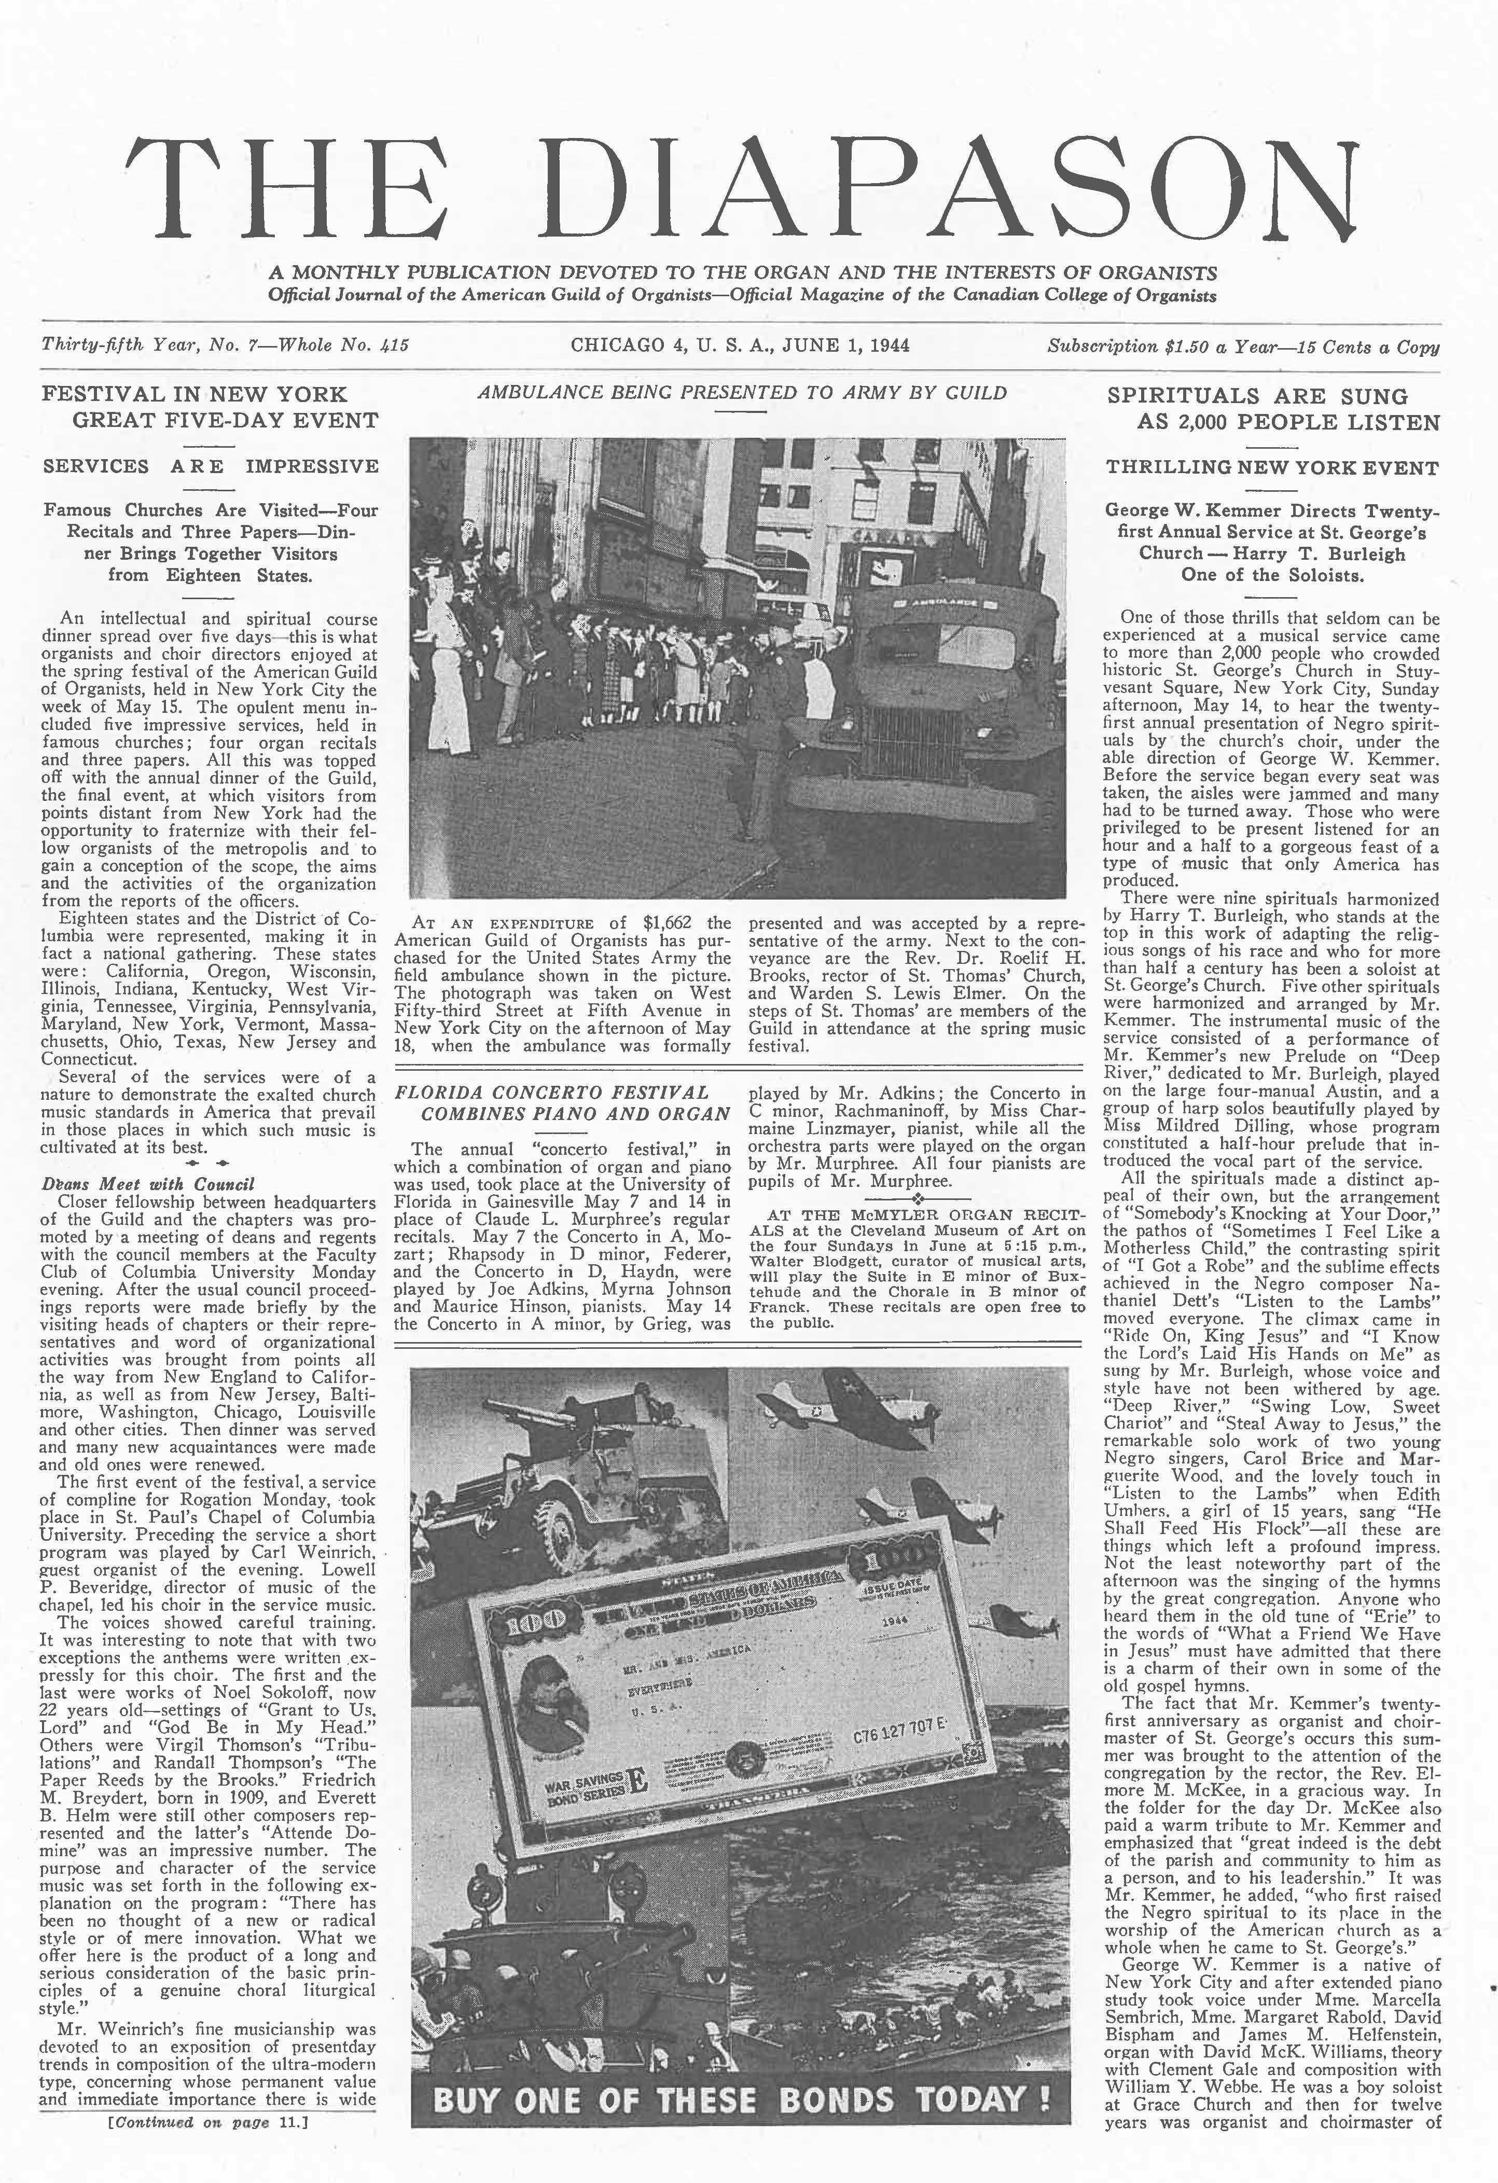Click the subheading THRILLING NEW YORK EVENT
(1272, 467)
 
